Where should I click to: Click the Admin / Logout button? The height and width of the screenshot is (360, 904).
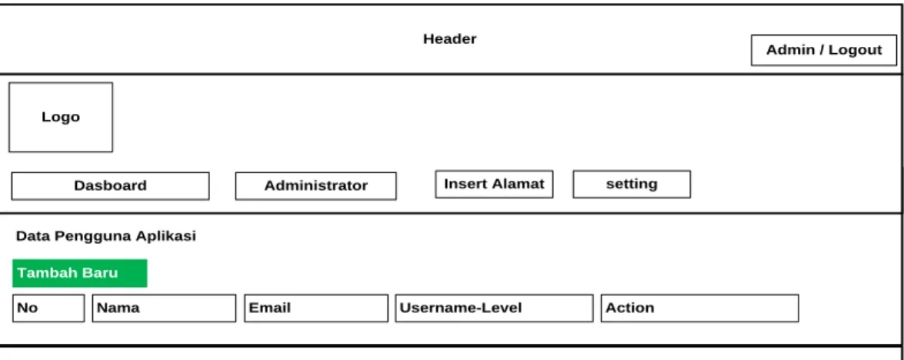824,50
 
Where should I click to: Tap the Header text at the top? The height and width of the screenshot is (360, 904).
450,39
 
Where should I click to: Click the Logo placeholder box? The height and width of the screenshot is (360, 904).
61,117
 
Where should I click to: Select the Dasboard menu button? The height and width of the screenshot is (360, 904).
110,185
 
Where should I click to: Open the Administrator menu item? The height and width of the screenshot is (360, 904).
316,185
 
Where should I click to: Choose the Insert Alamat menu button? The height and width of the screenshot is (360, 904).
494,184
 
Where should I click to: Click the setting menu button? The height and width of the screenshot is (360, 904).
632,184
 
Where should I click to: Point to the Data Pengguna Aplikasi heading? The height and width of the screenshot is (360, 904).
106,236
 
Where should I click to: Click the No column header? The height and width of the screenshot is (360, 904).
48,308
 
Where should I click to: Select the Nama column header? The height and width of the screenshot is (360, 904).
165,308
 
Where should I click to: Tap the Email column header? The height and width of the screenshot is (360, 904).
316,308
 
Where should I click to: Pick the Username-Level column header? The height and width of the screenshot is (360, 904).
494,308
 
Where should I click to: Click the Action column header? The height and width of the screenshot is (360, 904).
700,308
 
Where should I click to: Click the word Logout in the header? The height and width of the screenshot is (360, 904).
856,50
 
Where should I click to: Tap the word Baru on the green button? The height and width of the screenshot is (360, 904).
100,272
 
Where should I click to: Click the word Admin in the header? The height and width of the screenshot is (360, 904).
786,50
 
